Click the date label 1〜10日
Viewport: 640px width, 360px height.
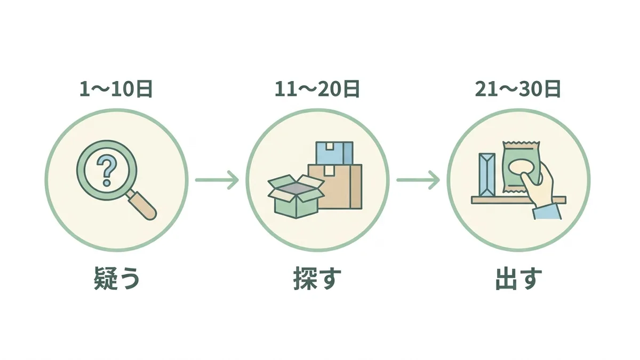tap(116, 89)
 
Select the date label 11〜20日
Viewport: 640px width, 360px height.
tap(317, 89)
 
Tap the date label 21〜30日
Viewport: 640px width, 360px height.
tap(518, 89)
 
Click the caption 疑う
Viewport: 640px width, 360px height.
tap(117, 278)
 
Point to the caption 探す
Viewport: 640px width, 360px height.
tap(317, 278)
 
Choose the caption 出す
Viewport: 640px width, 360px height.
tap(518, 278)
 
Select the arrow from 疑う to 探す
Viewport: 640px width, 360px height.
tap(217, 180)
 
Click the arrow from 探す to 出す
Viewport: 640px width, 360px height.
tap(418, 180)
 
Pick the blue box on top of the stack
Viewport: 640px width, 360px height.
tap(334, 153)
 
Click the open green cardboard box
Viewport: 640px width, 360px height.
tap(296, 197)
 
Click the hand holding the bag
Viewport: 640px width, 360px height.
tap(537, 185)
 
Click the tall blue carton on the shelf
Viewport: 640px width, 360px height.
tap(487, 175)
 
